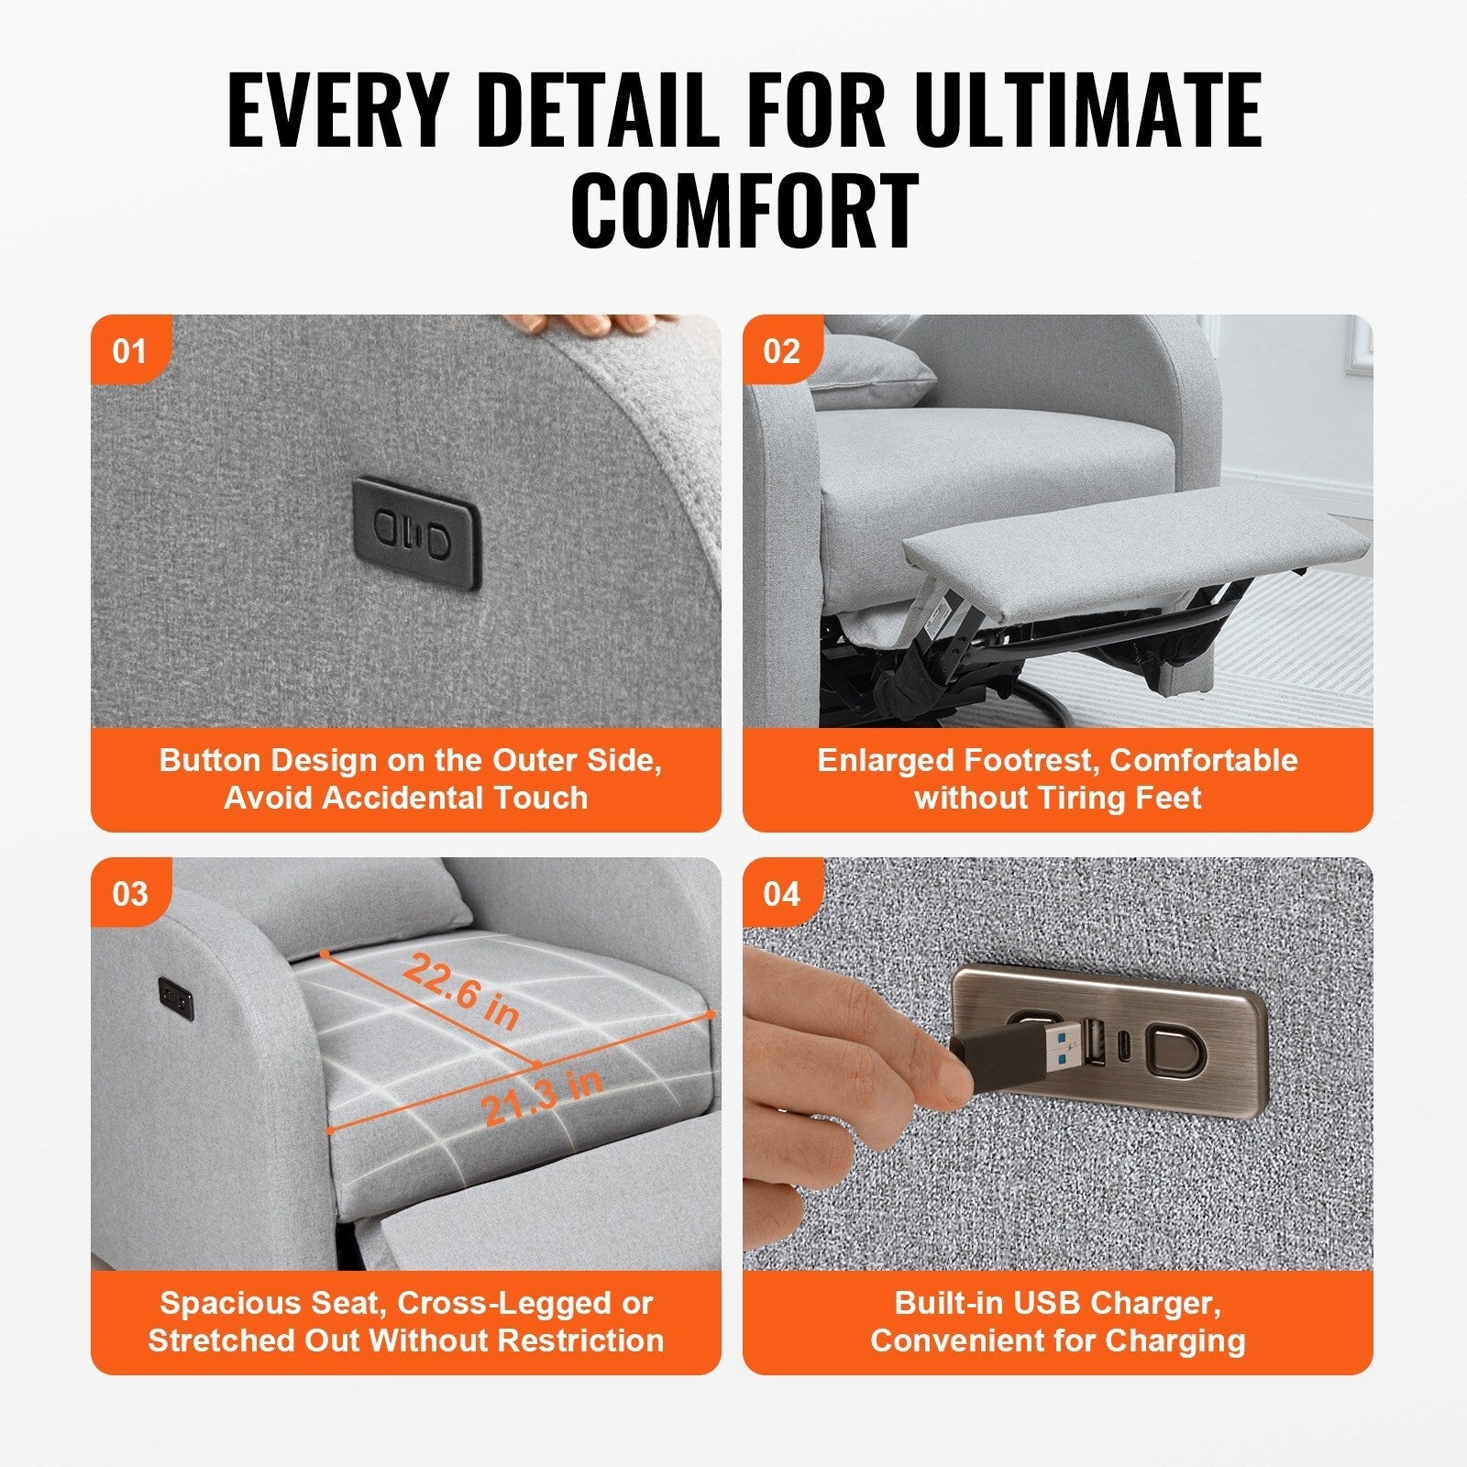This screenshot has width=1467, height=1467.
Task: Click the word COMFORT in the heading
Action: (744, 212)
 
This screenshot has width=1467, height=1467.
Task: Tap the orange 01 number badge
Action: (129, 351)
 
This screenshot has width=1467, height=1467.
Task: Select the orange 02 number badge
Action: (781, 351)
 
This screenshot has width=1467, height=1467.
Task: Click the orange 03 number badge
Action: (129, 893)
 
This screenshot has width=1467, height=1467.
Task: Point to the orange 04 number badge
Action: (781, 893)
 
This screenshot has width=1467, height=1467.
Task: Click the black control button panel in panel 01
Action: (416, 533)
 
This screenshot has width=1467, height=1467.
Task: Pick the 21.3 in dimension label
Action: (541, 1097)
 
